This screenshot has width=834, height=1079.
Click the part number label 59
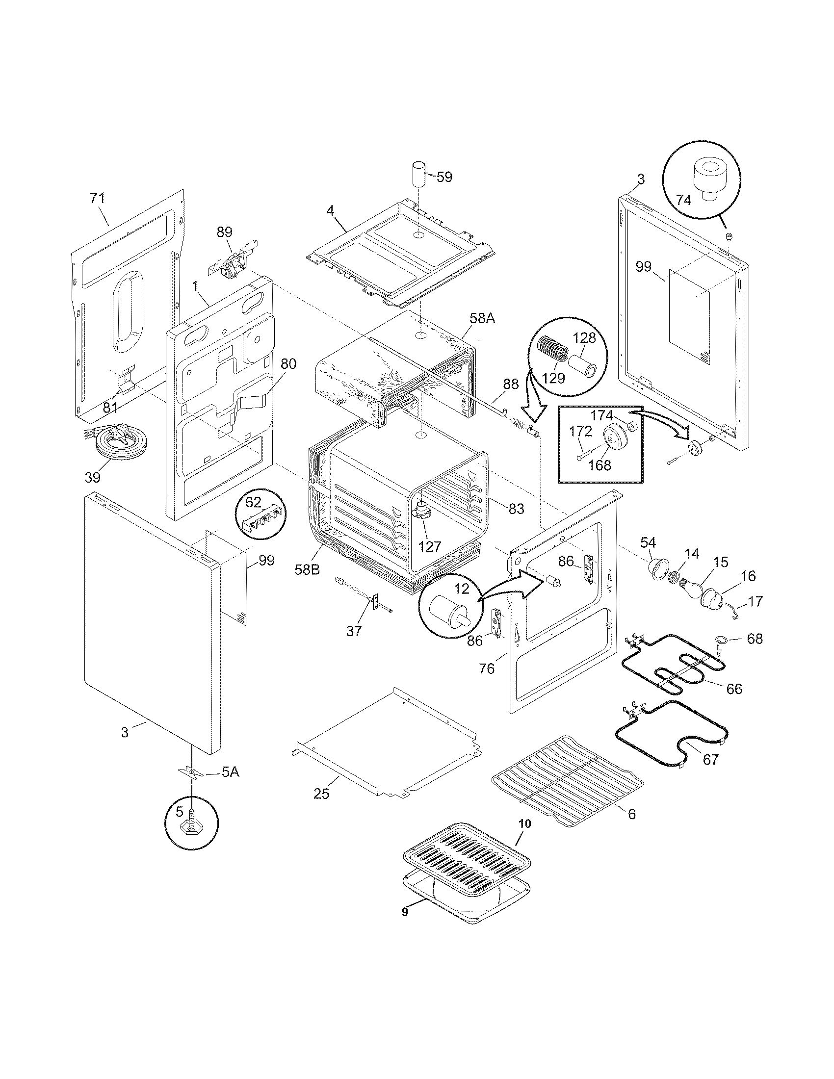tap(444, 177)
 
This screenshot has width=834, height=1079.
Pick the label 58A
tap(482, 319)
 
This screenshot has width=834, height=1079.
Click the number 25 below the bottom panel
tap(321, 794)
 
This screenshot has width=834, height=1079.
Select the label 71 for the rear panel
tap(97, 198)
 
